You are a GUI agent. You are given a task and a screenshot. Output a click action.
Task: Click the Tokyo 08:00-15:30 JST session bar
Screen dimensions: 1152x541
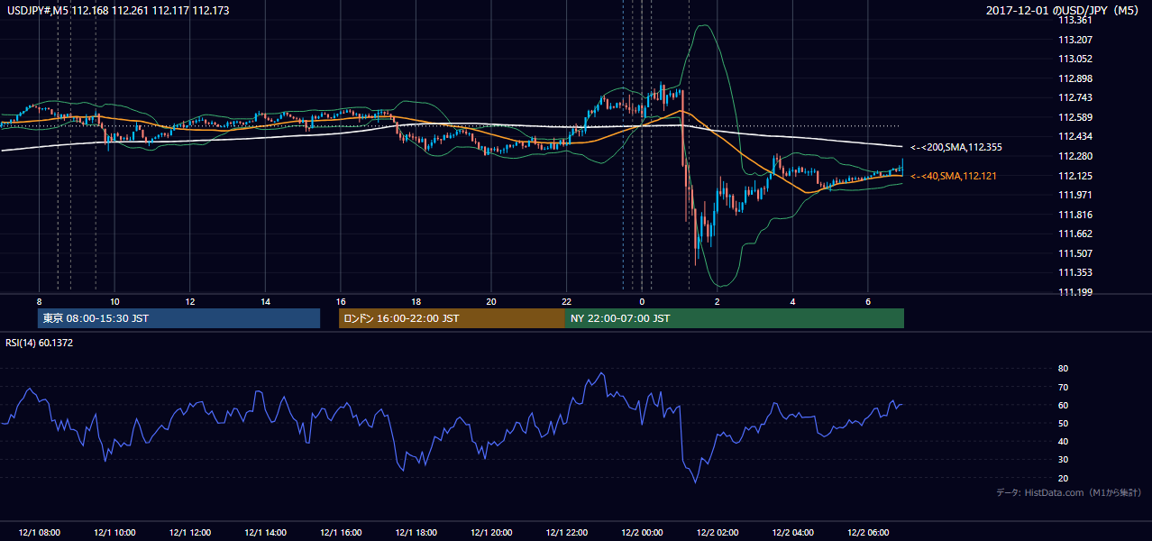(x=179, y=318)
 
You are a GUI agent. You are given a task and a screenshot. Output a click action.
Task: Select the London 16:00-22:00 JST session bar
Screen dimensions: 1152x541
(x=453, y=318)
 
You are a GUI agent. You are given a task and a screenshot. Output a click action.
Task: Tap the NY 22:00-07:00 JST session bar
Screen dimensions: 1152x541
(x=735, y=318)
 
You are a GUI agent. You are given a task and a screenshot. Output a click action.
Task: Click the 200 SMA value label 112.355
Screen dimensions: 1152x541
(x=956, y=147)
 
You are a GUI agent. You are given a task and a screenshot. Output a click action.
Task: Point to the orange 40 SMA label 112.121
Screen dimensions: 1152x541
(x=954, y=176)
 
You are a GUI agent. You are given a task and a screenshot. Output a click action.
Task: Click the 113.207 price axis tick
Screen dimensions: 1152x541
(x=1075, y=40)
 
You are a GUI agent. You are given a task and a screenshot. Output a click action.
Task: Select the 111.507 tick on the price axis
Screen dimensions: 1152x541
(x=1075, y=253)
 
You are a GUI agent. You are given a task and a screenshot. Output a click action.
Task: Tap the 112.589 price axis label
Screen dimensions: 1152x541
(x=1075, y=117)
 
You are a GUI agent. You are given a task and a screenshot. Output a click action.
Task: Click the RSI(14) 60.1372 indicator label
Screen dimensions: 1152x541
(x=39, y=343)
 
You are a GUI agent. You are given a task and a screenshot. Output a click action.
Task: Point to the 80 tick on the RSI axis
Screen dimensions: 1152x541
(x=1063, y=368)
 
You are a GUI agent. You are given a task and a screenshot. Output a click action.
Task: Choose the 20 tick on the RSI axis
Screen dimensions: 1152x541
(x=1063, y=478)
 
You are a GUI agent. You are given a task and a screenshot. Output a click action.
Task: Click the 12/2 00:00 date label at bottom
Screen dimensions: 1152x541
(x=642, y=532)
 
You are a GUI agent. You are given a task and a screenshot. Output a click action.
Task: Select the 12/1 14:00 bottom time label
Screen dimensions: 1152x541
(x=265, y=532)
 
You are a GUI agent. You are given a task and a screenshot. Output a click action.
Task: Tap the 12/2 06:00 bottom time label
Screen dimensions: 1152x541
(x=868, y=532)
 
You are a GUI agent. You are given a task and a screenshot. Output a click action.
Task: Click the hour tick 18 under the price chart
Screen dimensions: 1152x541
(x=416, y=302)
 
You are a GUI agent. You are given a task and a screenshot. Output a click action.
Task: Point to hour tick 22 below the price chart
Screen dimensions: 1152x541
(x=566, y=302)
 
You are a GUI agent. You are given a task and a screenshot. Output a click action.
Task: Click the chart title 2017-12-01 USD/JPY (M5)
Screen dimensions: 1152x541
(x=1063, y=10)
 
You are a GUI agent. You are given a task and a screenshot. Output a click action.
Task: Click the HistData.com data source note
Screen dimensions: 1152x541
(x=1069, y=492)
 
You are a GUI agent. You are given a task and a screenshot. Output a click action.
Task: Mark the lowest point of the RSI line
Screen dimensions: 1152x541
(x=695, y=482)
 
